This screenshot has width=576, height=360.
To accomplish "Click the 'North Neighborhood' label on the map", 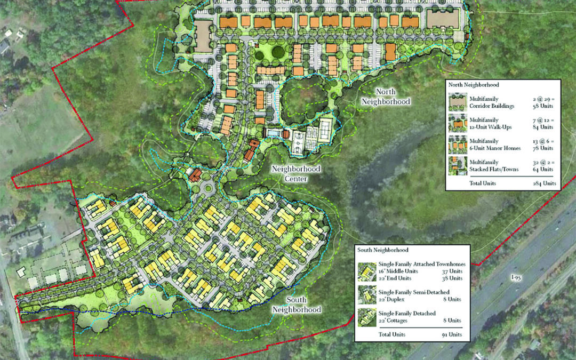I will (x=386, y=96).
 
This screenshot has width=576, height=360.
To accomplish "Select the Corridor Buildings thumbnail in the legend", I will (x=458, y=102).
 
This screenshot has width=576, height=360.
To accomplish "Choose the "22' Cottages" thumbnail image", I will (x=367, y=316).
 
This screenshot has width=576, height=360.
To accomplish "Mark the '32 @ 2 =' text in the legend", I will (x=542, y=162).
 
